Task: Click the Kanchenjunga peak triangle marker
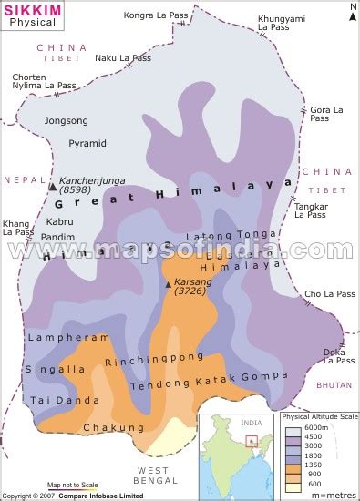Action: point(52,186)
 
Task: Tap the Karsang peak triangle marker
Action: point(168,284)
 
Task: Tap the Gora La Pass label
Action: point(326,115)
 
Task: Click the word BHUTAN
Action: point(334,385)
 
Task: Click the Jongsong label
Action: point(67,120)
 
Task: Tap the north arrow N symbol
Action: point(352,9)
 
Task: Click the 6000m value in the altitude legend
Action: point(316,428)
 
